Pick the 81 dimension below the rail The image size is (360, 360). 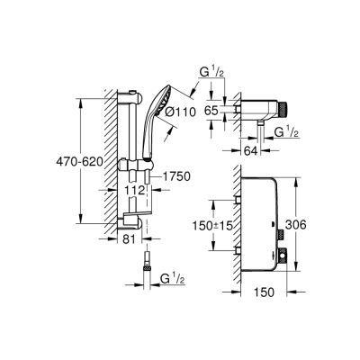[x=127, y=239]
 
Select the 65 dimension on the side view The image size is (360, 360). [x=212, y=110]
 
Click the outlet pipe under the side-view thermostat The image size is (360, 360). [x=263, y=132]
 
